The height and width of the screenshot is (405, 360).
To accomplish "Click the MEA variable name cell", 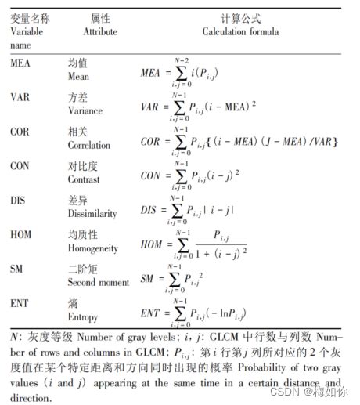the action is coord(20,63).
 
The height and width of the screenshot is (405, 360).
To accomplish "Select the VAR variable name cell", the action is coord(20,97).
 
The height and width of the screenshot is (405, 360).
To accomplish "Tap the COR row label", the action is coord(20,132).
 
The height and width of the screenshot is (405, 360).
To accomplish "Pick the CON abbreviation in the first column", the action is coord(20,166).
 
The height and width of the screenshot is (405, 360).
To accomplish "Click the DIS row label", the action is coord(19,201).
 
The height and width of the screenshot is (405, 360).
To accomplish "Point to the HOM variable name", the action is coord(21,234).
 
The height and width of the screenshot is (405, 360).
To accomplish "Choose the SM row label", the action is coord(16,269).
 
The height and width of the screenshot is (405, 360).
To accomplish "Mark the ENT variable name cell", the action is coord(20,303).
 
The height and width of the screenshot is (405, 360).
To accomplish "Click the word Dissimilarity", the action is coord(93,214).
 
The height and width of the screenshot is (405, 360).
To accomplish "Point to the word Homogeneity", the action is coord(95,248).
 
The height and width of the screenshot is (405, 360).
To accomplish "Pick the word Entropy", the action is coord(85,316).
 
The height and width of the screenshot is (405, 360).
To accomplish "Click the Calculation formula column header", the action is coord(241,32).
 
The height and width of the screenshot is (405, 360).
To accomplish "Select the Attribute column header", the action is coord(100,32).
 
